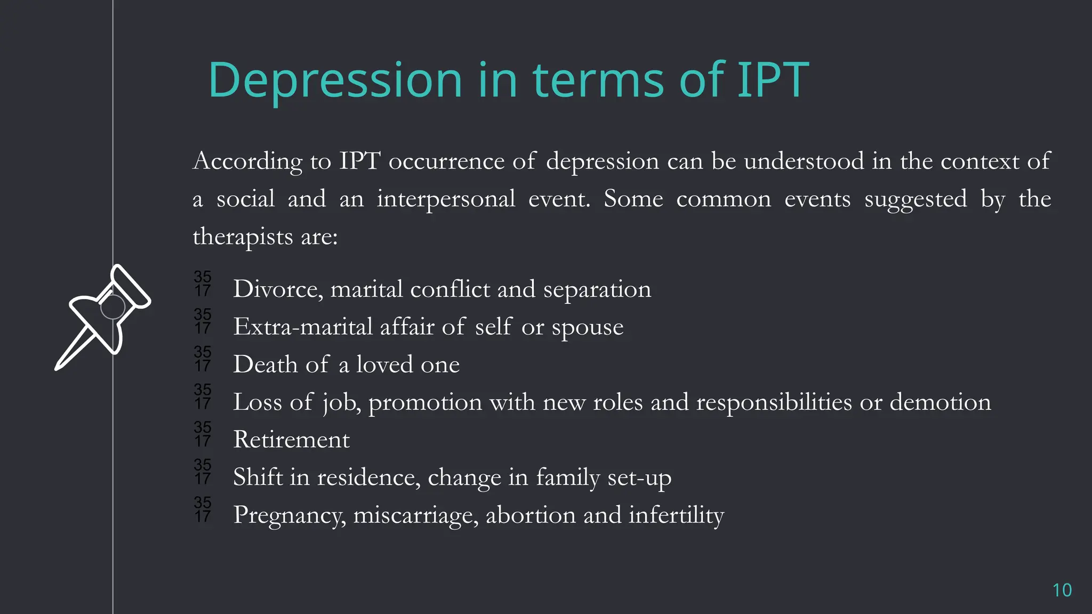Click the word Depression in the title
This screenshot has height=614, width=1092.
tap(335, 81)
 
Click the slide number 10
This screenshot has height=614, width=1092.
tap(1062, 590)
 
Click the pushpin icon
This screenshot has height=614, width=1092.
tap(102, 317)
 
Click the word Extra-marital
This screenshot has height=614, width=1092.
tap(303, 327)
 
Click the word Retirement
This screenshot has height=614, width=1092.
tap(291, 440)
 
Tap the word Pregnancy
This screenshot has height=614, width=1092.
tap(289, 515)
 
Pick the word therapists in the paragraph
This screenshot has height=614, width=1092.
tap(243, 236)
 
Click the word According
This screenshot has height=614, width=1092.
tap(247, 161)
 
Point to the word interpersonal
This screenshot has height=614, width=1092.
tap(446, 199)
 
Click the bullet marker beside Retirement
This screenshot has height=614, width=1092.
tap(203, 434)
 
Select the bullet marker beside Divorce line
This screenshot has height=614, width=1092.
tap(203, 284)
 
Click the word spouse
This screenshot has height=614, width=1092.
tap(587, 327)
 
